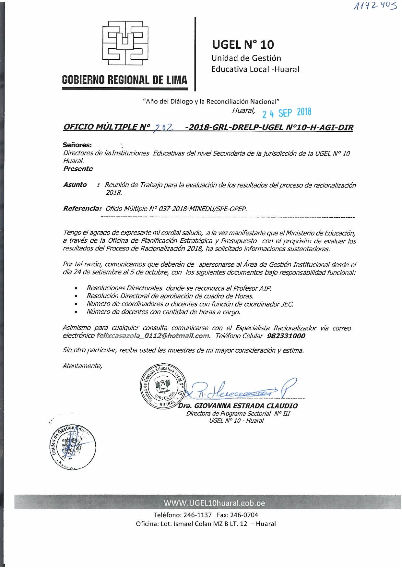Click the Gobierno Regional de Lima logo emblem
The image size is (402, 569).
tap(125, 43)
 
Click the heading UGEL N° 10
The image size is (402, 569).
tap(243, 44)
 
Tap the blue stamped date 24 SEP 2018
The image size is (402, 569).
tap(287, 113)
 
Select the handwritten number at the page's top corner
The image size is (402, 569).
tap(375, 6)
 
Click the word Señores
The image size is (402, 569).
tap(77, 145)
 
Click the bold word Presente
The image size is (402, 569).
tap(78, 169)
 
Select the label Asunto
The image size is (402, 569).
tap(75, 185)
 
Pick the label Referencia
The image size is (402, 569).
tap(82, 208)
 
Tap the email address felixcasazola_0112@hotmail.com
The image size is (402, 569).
tap(153, 336)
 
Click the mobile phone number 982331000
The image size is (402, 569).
tap(286, 336)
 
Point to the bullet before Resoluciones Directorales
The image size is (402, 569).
tap(76, 288)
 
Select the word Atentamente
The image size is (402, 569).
tap(82, 366)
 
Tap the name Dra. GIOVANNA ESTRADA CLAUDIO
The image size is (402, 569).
tap(238, 406)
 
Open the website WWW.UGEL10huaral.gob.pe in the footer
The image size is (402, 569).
tap(214, 503)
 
